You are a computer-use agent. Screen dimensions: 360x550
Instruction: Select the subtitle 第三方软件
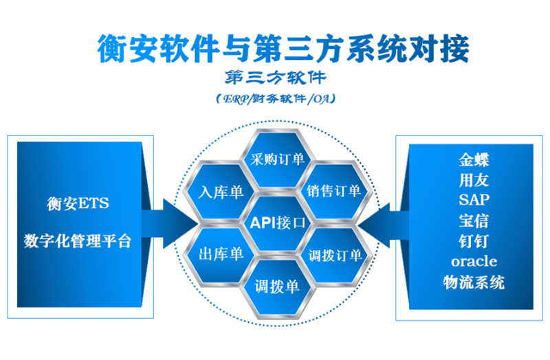[274, 76]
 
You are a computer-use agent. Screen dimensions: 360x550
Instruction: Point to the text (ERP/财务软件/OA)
[274, 99]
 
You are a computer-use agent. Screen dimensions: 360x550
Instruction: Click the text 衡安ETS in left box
[78, 203]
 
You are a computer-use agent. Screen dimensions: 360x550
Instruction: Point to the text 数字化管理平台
[78, 241]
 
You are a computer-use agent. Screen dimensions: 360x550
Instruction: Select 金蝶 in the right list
[474, 159]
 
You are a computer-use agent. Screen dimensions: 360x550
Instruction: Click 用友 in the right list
[474, 180]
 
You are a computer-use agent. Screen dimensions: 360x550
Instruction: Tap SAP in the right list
[474, 200]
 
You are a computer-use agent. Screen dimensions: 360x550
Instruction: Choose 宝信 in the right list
[474, 221]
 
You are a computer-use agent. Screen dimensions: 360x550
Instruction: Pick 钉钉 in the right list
[474, 241]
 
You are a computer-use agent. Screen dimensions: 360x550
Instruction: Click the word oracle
[474, 262]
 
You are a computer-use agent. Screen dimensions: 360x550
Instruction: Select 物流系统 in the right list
[474, 282]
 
